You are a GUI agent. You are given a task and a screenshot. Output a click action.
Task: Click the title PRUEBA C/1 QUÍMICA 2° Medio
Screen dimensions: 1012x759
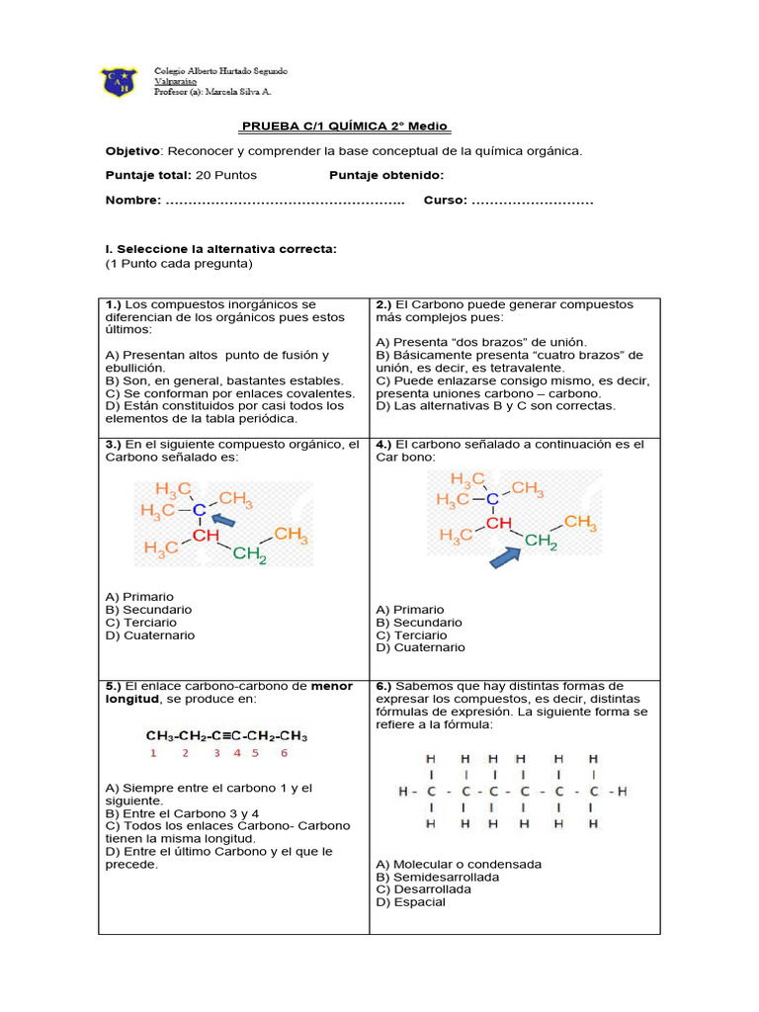[345, 126]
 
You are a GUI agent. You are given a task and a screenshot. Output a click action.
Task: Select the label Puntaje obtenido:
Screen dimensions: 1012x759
[386, 175]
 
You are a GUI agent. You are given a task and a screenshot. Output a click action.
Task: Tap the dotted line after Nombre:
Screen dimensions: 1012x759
[286, 201]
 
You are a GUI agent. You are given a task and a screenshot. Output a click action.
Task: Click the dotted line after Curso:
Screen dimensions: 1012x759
[533, 201]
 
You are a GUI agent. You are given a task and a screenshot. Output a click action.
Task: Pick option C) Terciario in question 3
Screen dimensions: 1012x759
[141, 623]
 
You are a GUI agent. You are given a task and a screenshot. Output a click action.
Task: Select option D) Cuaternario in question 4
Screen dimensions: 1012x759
[420, 647]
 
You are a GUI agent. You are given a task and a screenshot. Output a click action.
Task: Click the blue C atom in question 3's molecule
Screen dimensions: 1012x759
[199, 510]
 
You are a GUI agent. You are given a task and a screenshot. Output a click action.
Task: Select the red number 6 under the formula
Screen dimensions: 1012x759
[284, 753]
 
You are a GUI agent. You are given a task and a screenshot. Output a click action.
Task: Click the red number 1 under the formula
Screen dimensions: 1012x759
[153, 753]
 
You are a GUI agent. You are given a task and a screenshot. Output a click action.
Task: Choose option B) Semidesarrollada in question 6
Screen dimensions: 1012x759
[437, 877]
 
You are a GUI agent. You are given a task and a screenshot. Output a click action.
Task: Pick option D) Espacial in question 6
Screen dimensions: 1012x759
[410, 901]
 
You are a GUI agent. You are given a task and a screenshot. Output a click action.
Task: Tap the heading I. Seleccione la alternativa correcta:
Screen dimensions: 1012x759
[221, 249]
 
